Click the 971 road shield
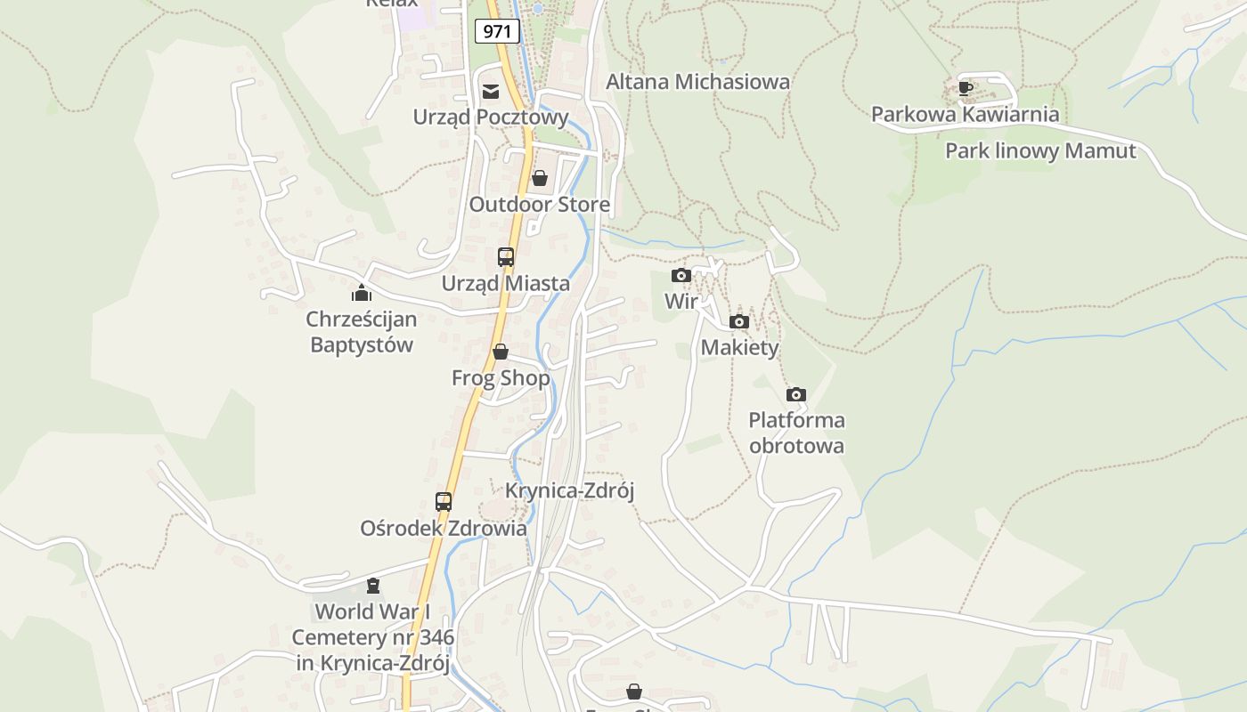497,31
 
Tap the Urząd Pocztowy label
491,117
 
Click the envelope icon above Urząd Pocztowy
491,91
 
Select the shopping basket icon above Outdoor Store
540,178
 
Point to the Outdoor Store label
540,205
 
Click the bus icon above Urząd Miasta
506,257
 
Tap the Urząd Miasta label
506,283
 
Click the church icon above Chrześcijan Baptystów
362,292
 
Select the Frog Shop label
501,378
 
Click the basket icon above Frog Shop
501,352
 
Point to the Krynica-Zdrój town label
570,490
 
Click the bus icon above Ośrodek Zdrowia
444,501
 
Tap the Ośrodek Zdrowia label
444,528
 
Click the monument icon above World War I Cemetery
373,585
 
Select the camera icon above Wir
681,275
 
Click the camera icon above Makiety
739,321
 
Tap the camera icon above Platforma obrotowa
796,394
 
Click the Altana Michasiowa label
698,82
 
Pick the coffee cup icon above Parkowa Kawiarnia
966,88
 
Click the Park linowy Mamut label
1040,151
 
